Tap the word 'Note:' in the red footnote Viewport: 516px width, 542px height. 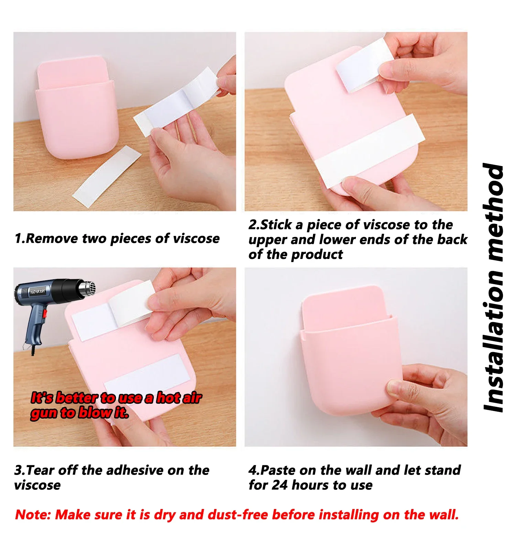[33, 514]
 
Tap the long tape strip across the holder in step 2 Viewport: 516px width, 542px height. [370, 151]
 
